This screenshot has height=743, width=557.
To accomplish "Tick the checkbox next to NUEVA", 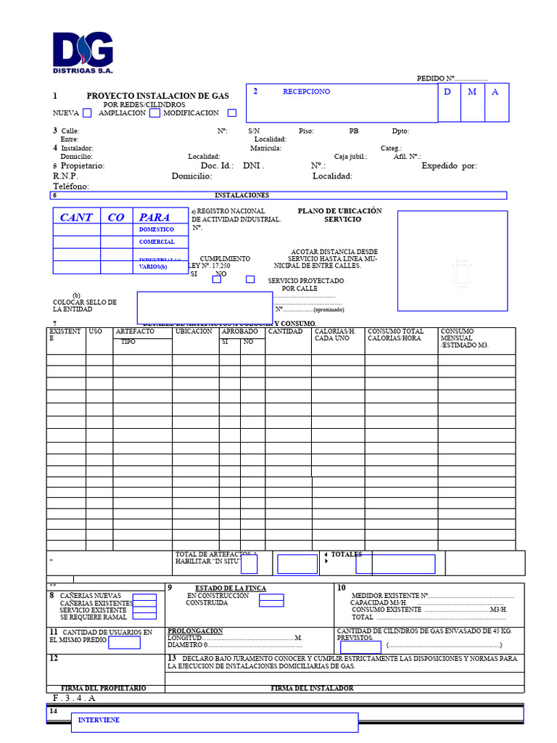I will [x=87, y=112].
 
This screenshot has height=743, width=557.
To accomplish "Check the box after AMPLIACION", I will [x=154, y=112].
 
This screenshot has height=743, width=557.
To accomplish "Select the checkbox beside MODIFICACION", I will [x=232, y=112].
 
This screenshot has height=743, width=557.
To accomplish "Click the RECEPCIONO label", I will [x=306, y=91].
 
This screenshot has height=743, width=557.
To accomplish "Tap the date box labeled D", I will [x=447, y=92].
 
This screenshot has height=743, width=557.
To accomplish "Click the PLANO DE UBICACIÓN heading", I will [x=339, y=211].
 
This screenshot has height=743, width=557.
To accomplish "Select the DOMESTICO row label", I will [x=157, y=229].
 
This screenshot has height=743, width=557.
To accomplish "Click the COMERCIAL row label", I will [x=157, y=242].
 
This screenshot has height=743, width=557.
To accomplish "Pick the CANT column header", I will [x=76, y=217].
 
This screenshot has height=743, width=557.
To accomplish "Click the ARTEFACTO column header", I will [x=135, y=332].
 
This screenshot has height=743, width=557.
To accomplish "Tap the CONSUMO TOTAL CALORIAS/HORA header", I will [x=395, y=334].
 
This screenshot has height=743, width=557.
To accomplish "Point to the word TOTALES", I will [x=347, y=554].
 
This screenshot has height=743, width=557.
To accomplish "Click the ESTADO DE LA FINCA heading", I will [x=231, y=588].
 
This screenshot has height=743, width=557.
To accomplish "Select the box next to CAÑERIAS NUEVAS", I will [x=144, y=596].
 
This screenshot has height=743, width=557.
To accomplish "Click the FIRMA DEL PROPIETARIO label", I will [x=103, y=688].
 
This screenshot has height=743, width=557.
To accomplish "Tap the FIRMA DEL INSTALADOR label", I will [x=312, y=688].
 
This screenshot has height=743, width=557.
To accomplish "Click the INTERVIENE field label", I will [x=99, y=720].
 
